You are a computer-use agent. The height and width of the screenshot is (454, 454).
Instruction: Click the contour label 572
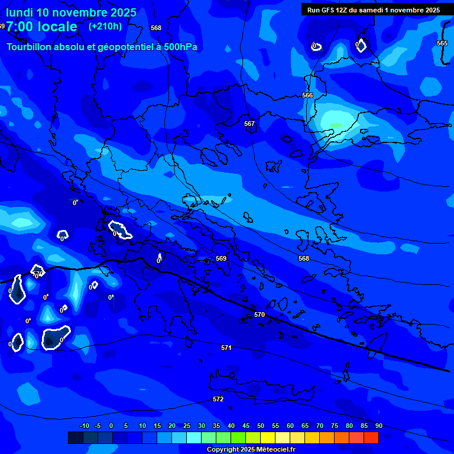click(x=218, y=399)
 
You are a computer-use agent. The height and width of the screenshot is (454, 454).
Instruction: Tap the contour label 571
click(x=226, y=348)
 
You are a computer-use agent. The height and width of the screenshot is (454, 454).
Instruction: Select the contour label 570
click(x=260, y=315)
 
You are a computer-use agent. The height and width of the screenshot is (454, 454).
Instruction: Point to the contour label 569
click(x=221, y=258)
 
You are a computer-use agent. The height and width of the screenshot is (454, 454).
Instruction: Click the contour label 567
click(x=249, y=124)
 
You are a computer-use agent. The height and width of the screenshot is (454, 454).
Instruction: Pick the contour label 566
click(x=307, y=95)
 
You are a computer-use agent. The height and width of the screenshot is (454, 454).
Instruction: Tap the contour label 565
click(x=442, y=43)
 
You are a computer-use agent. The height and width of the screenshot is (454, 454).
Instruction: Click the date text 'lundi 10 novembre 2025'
click(x=71, y=12)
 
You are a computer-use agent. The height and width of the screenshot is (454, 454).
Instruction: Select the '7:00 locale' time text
click(x=41, y=27)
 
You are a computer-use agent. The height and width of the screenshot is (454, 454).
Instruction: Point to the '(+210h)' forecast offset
click(x=105, y=26)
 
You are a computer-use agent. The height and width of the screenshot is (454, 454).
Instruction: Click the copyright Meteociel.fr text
click(x=251, y=450)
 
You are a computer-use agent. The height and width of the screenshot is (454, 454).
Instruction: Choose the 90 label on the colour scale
click(x=379, y=426)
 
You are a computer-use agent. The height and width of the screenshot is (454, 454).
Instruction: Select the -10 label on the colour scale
click(x=85, y=426)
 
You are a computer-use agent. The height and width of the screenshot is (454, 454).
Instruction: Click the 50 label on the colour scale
click(x=261, y=426)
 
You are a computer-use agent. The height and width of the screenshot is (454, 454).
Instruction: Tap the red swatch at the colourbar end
click(x=371, y=437)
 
